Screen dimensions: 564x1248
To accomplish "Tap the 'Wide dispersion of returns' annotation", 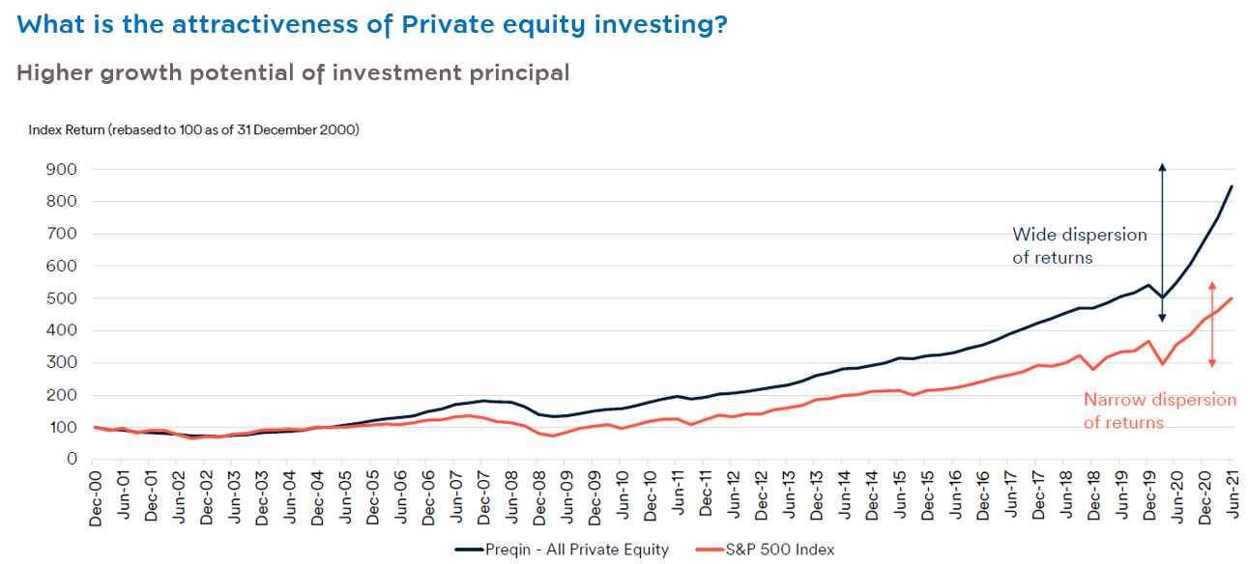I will click(1079, 246).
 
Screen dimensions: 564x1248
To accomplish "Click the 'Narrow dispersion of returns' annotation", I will click(1159, 410).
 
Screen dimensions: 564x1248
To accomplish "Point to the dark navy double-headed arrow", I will click(1162, 232).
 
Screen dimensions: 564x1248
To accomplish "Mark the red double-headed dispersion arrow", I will click(1212, 324).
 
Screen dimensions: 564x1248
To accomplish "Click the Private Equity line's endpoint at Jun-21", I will click(1232, 185).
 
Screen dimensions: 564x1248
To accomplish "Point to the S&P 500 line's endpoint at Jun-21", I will click(1232, 298).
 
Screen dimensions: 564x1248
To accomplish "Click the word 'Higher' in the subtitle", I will click(55, 72).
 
